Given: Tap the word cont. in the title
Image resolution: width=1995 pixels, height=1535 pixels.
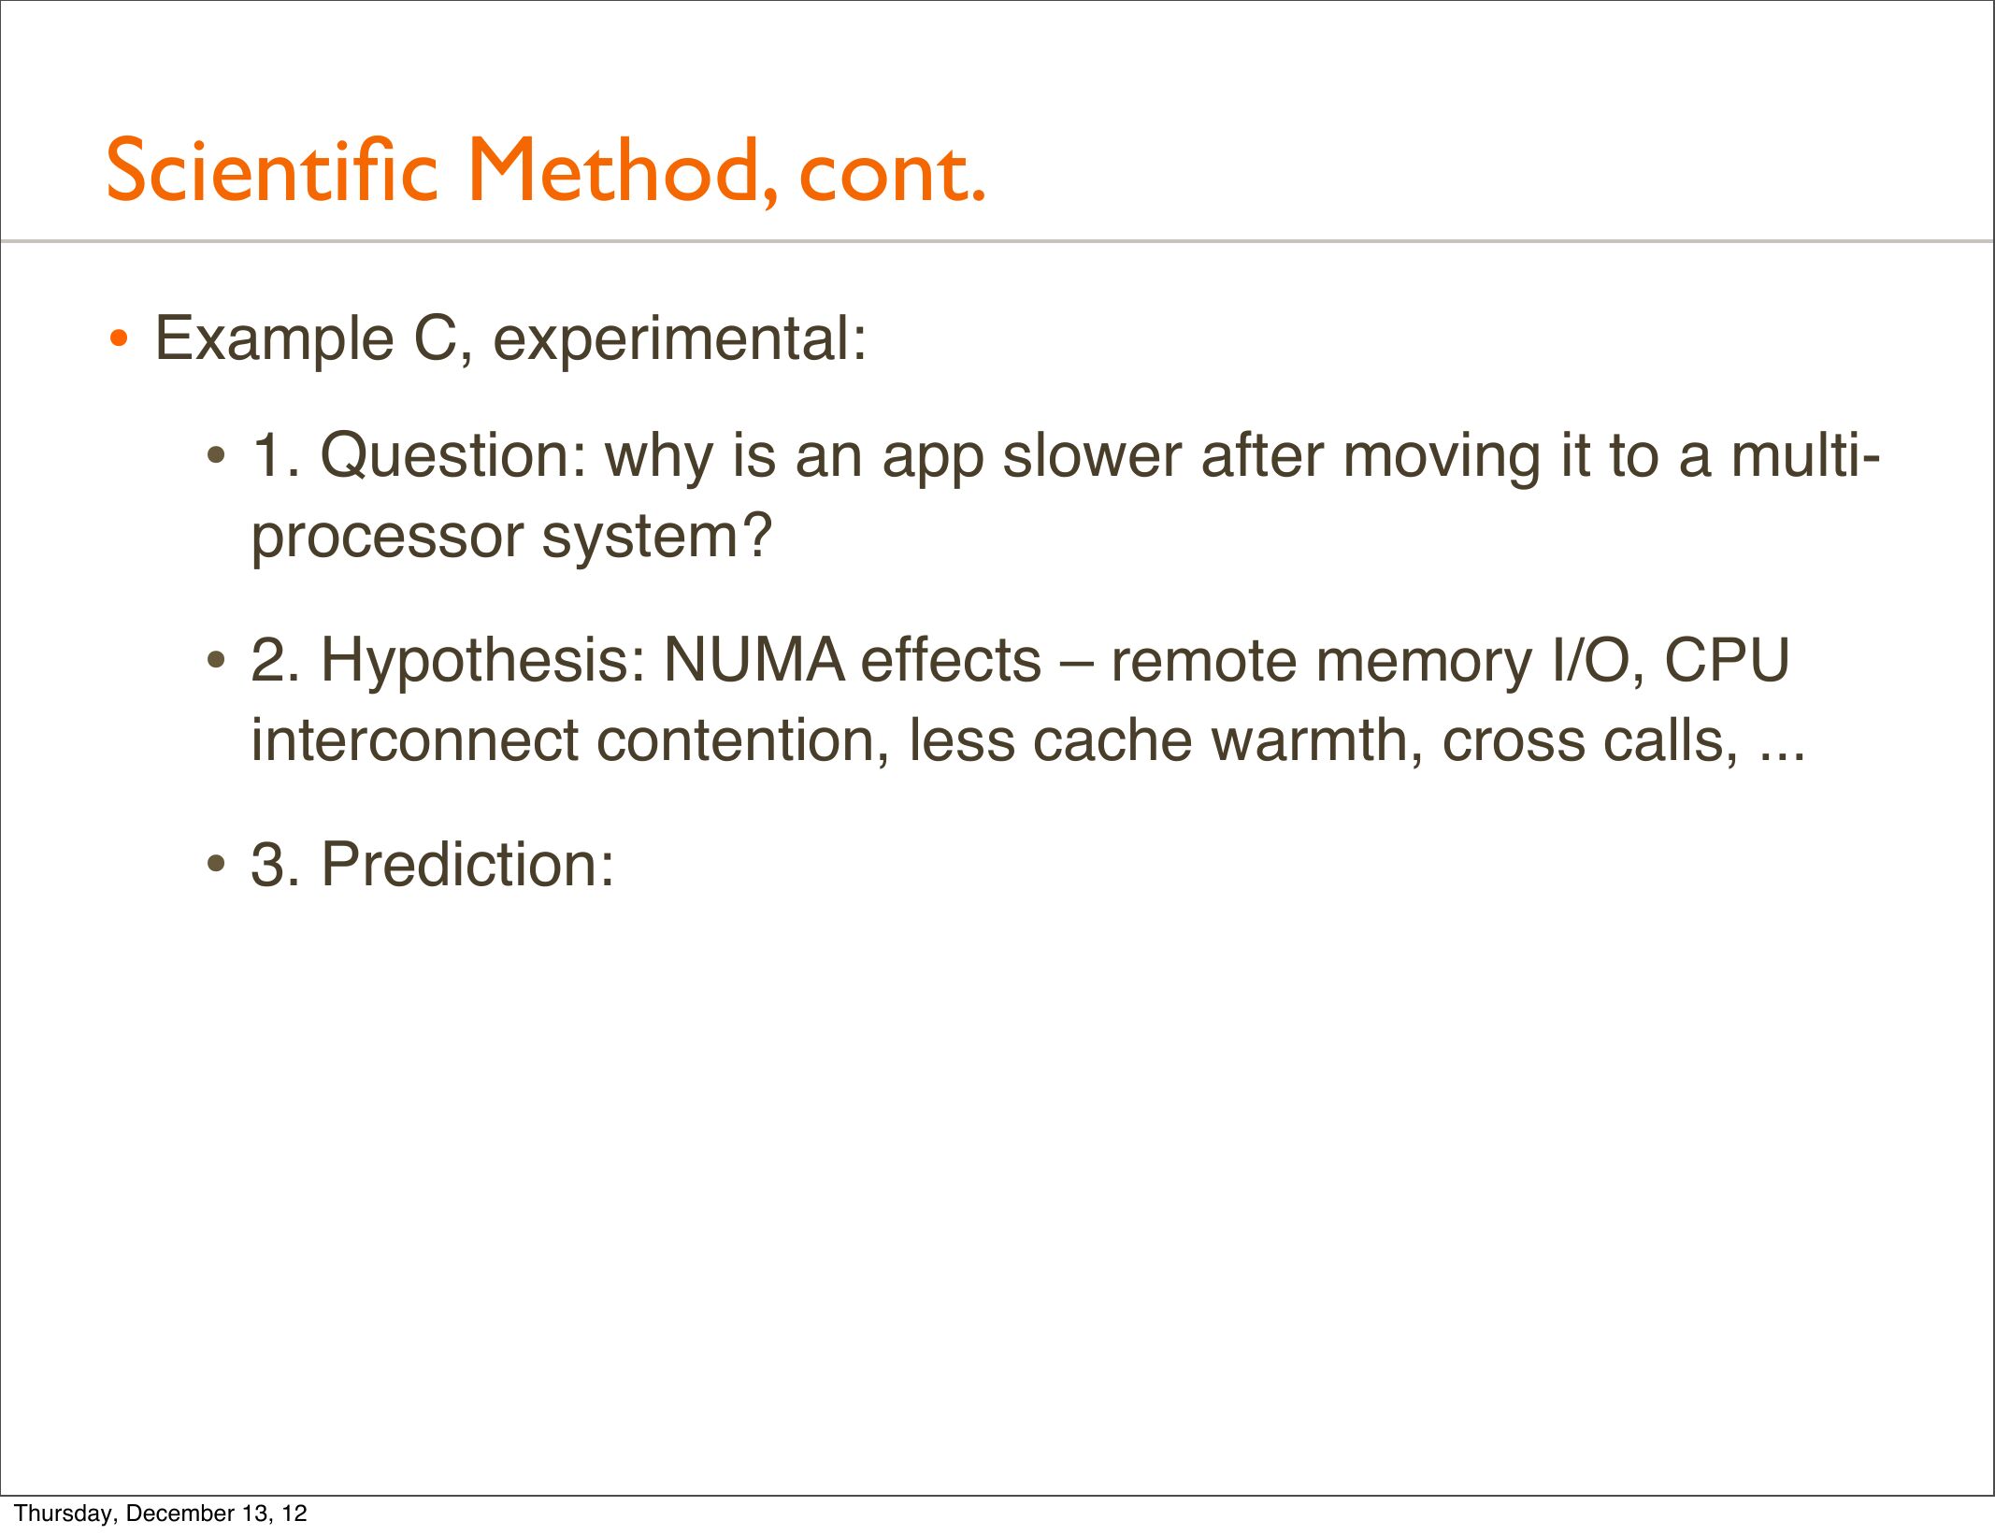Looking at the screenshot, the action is tap(892, 174).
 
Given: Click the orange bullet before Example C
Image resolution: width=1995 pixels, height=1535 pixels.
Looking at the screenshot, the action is tap(119, 337).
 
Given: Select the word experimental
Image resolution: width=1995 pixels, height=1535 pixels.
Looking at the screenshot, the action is tap(680, 339).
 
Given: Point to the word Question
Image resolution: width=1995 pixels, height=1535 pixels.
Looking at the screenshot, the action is tap(453, 457).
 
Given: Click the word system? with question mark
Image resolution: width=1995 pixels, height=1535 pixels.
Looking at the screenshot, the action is tap(657, 538).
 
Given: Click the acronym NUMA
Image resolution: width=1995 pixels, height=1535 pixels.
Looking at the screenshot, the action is tap(754, 661).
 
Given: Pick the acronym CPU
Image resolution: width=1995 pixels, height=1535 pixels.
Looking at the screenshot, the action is tap(1727, 661).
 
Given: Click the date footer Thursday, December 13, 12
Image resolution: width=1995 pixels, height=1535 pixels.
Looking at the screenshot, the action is tap(161, 1513).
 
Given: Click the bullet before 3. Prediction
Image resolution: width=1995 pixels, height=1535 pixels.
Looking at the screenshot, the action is tap(217, 864).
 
